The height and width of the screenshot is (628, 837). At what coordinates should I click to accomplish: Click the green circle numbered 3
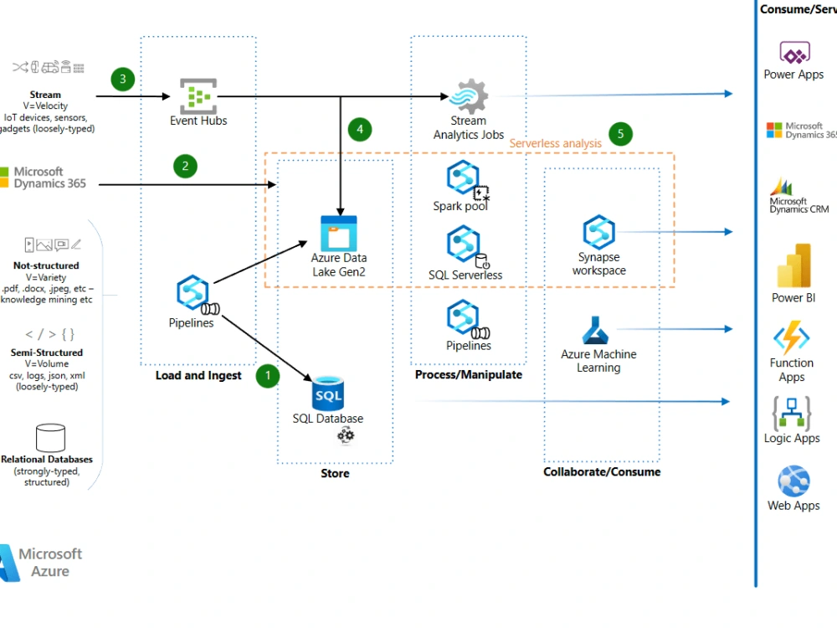point(123,80)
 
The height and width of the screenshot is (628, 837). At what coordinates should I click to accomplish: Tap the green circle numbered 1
point(267,376)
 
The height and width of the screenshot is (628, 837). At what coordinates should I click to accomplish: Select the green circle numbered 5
point(620,134)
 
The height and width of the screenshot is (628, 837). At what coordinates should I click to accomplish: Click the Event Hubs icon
point(198,95)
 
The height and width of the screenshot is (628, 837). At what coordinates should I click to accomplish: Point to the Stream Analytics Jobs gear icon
point(469,96)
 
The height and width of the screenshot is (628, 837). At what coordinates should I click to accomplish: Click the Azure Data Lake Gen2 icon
point(339,233)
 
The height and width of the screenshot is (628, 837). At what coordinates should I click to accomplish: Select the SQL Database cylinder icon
point(328,394)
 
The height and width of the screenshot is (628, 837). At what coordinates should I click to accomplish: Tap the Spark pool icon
point(463,178)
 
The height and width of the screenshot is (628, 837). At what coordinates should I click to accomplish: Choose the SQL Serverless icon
point(464,244)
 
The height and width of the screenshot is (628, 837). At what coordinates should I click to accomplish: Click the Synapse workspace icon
point(599,232)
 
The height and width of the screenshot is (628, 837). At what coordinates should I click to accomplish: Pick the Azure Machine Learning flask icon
point(598,332)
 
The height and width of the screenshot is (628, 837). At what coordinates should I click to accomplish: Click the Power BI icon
point(793,265)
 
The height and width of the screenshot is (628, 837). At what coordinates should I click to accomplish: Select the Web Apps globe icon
point(793,481)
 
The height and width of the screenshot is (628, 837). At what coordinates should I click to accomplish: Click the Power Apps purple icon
point(794,54)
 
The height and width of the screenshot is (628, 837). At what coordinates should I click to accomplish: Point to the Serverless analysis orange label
point(556,143)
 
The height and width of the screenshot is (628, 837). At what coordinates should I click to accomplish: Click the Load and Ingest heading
point(198,375)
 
